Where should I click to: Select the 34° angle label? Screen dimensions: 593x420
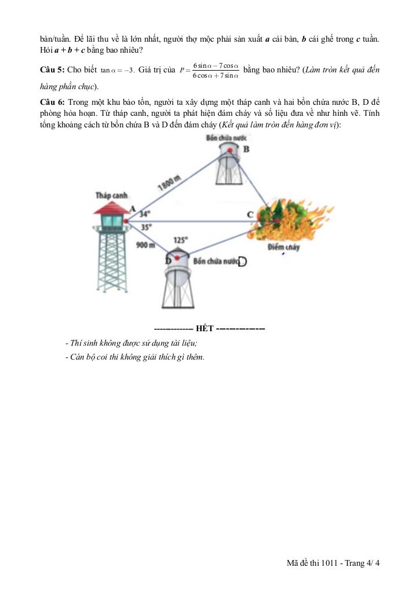coord(145,213)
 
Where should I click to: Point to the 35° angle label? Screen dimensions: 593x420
coord(146,228)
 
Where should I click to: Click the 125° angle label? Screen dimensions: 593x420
coord(181,239)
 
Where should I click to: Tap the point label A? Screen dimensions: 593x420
coord(132,208)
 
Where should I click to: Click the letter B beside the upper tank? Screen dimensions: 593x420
coord(246,149)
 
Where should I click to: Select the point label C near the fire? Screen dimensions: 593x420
coord(250,215)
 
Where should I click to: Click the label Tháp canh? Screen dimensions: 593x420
coord(111,196)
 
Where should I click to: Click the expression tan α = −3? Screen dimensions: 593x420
coord(118,71)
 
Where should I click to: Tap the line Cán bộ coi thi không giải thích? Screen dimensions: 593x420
coord(136,356)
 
